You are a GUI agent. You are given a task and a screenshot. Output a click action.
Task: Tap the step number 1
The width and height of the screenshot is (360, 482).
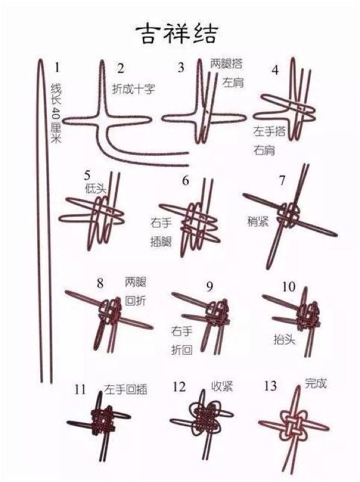pyautogui.click(x=58, y=67)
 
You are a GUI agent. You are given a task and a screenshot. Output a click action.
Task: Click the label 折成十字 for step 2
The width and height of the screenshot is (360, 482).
pyautogui.click(x=134, y=88)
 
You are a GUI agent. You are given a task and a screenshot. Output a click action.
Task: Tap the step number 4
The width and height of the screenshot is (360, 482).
pyautogui.click(x=275, y=70)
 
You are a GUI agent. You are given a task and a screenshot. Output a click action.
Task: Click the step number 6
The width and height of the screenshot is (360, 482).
pyautogui.click(x=185, y=180)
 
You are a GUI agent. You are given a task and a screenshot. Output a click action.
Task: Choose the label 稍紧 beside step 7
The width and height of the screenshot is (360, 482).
pyautogui.click(x=258, y=220)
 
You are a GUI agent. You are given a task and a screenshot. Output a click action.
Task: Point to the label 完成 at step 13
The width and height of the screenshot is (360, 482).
pyautogui.click(x=316, y=382)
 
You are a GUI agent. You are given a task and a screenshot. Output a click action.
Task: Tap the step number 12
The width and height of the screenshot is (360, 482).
pyautogui.click(x=179, y=387)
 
